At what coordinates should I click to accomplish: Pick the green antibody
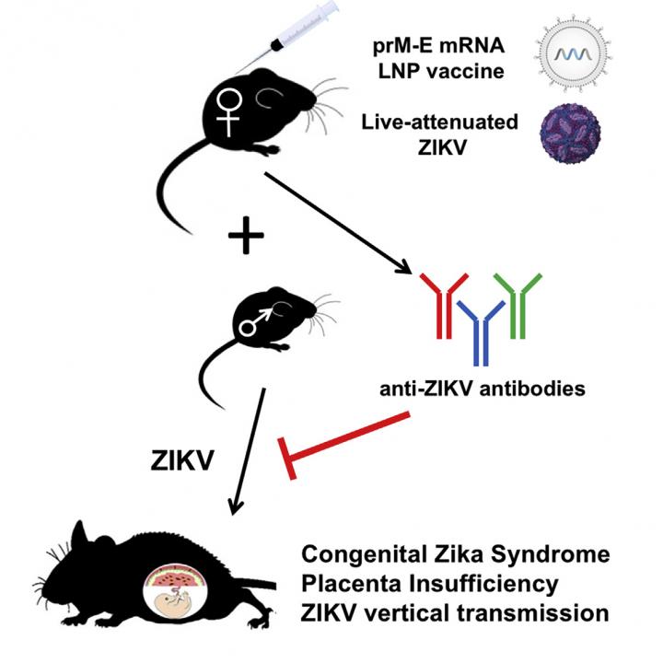click(x=519, y=300)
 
